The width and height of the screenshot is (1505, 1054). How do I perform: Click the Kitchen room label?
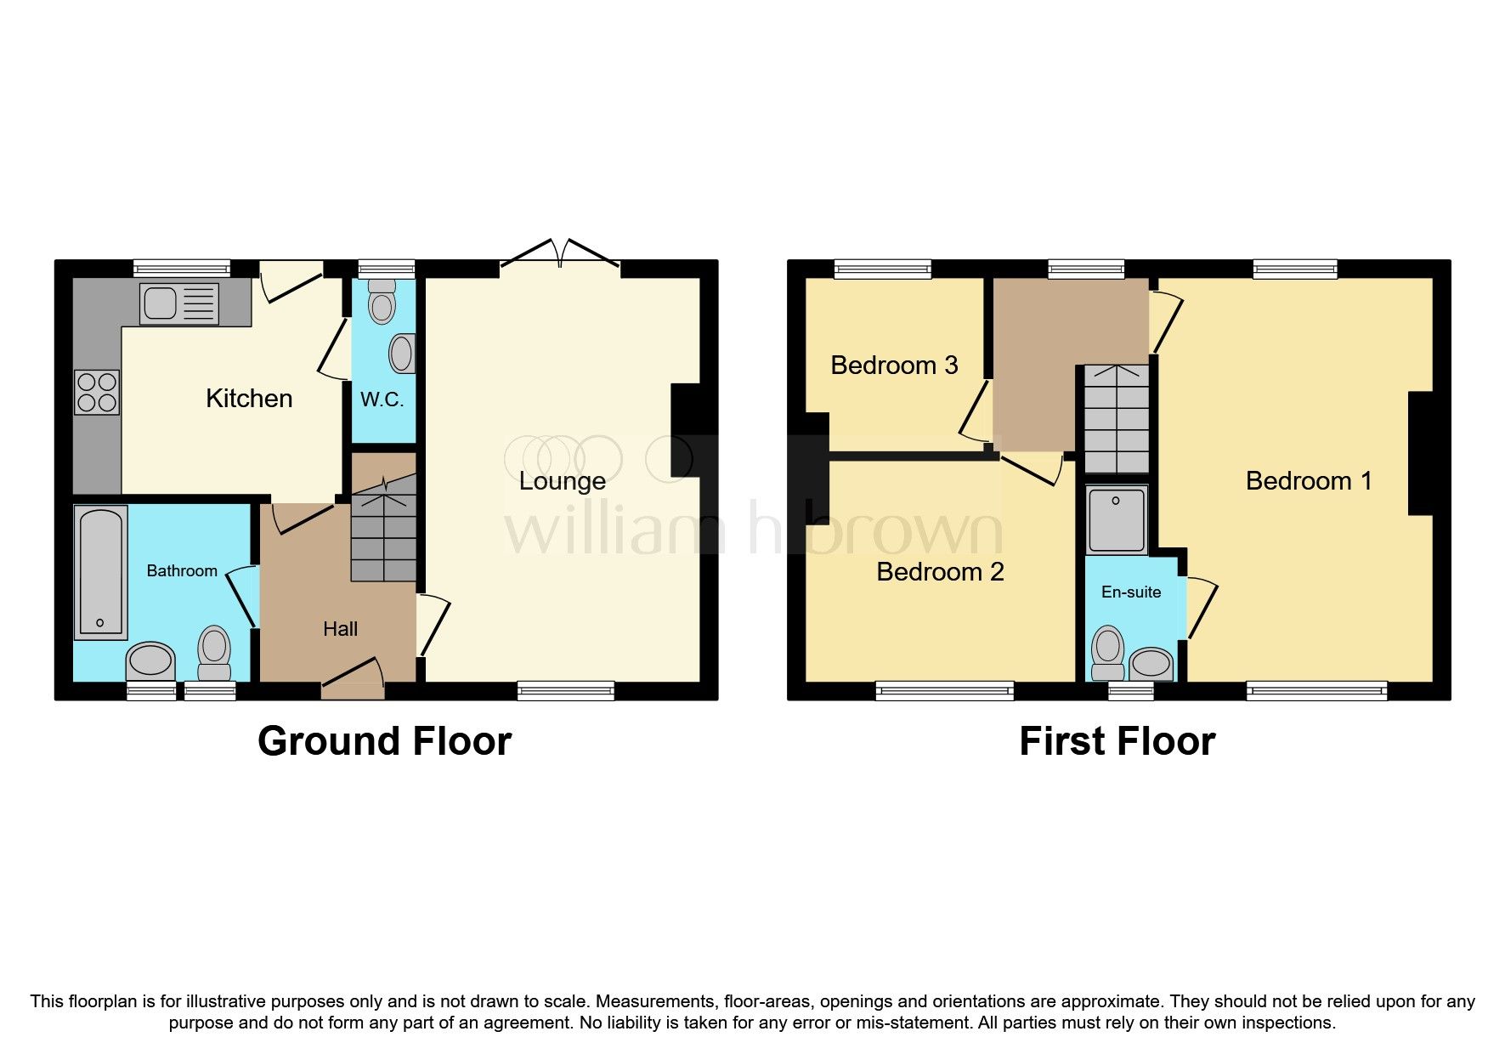(249, 398)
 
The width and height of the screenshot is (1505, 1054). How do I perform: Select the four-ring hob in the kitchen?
(97, 393)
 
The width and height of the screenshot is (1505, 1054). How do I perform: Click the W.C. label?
(382, 399)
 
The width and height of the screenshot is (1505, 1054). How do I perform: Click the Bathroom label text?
(182, 570)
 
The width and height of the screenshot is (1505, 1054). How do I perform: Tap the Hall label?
(340, 629)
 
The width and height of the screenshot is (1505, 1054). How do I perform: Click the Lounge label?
(562, 481)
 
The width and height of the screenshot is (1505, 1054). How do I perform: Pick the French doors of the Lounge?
(560, 253)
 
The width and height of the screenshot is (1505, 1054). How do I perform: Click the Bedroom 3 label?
(894, 365)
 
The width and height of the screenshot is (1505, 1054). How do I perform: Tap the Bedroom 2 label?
(940, 571)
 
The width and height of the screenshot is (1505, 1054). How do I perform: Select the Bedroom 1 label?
(1309, 481)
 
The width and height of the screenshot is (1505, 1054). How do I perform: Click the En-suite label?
(1130, 592)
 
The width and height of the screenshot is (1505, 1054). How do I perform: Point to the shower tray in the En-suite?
(1117, 519)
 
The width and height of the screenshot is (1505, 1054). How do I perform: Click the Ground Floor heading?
(384, 741)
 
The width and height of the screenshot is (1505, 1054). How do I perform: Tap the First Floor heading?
(1117, 741)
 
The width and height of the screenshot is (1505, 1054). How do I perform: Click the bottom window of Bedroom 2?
(944, 691)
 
